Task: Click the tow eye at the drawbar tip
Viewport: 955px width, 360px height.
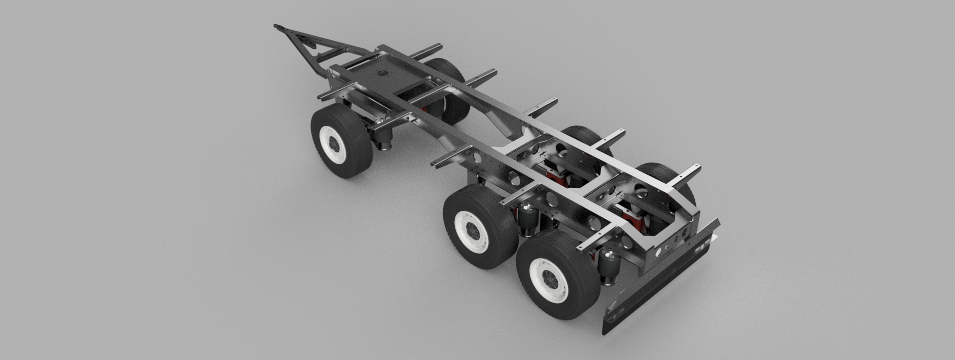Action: [x=277, y=26]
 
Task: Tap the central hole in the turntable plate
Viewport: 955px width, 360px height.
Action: [x=383, y=73]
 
